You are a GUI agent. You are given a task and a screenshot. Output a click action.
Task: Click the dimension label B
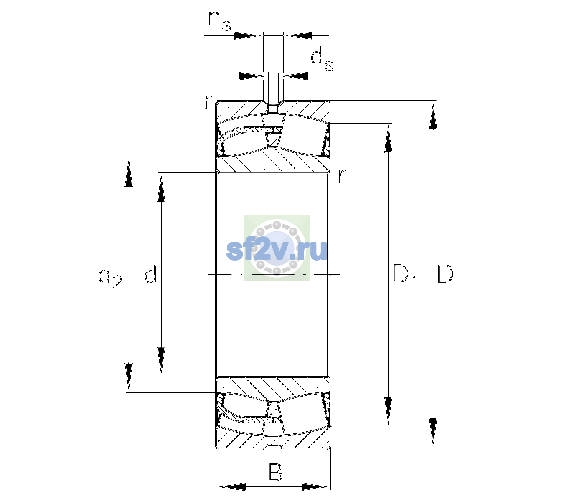[275, 472]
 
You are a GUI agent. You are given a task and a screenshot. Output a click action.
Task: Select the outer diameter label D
[445, 274]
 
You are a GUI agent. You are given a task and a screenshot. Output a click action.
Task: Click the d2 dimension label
[110, 277]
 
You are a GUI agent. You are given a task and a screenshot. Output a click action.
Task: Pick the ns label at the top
[220, 22]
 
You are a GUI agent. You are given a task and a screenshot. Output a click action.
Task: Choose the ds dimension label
[322, 59]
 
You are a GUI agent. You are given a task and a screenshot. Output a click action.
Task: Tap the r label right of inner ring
[342, 175]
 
